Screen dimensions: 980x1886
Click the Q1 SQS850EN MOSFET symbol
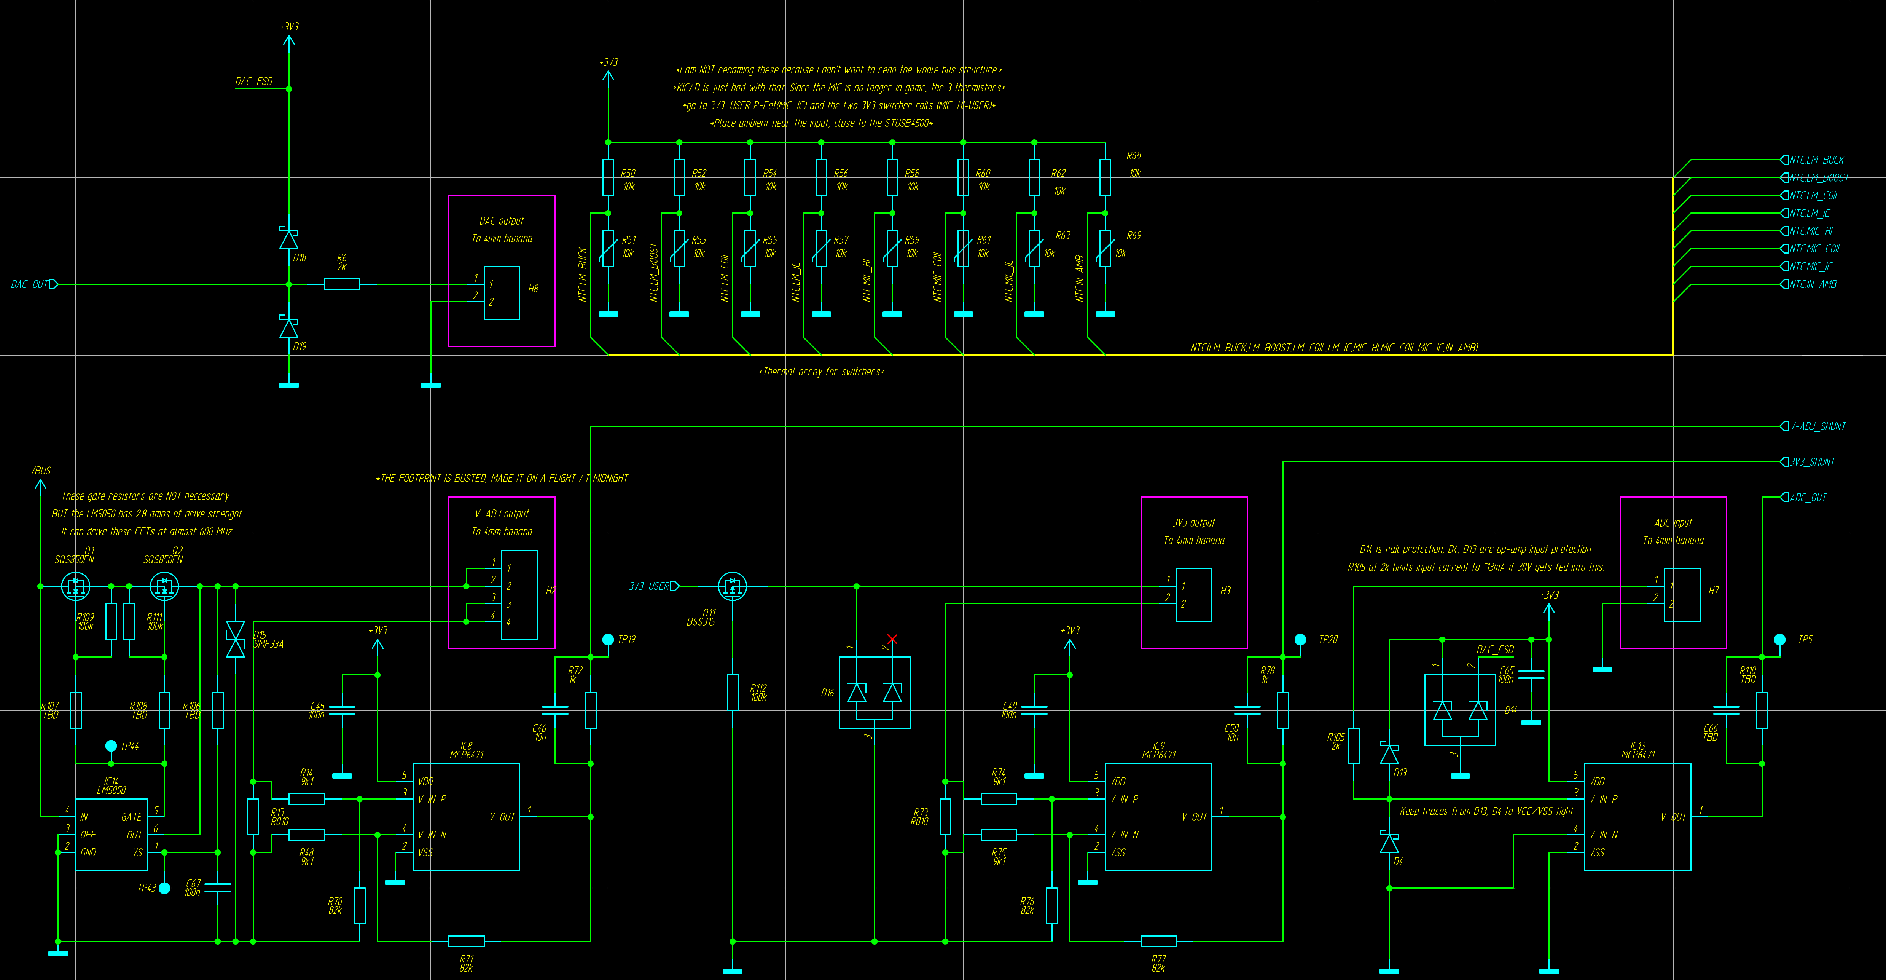coord(75,586)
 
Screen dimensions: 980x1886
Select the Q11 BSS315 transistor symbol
coord(732,586)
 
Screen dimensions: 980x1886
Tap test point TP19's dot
coord(608,639)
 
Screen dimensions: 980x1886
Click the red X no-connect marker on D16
coord(892,639)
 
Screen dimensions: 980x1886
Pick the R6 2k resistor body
coord(342,284)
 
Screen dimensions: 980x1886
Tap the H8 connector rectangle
coord(502,293)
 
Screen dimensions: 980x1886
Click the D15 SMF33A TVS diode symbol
coord(235,639)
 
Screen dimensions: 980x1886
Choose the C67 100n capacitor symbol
coord(217,888)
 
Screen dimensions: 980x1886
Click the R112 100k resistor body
coord(732,692)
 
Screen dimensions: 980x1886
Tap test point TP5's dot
coord(1780,639)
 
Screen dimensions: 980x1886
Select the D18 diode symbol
coord(288,239)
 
